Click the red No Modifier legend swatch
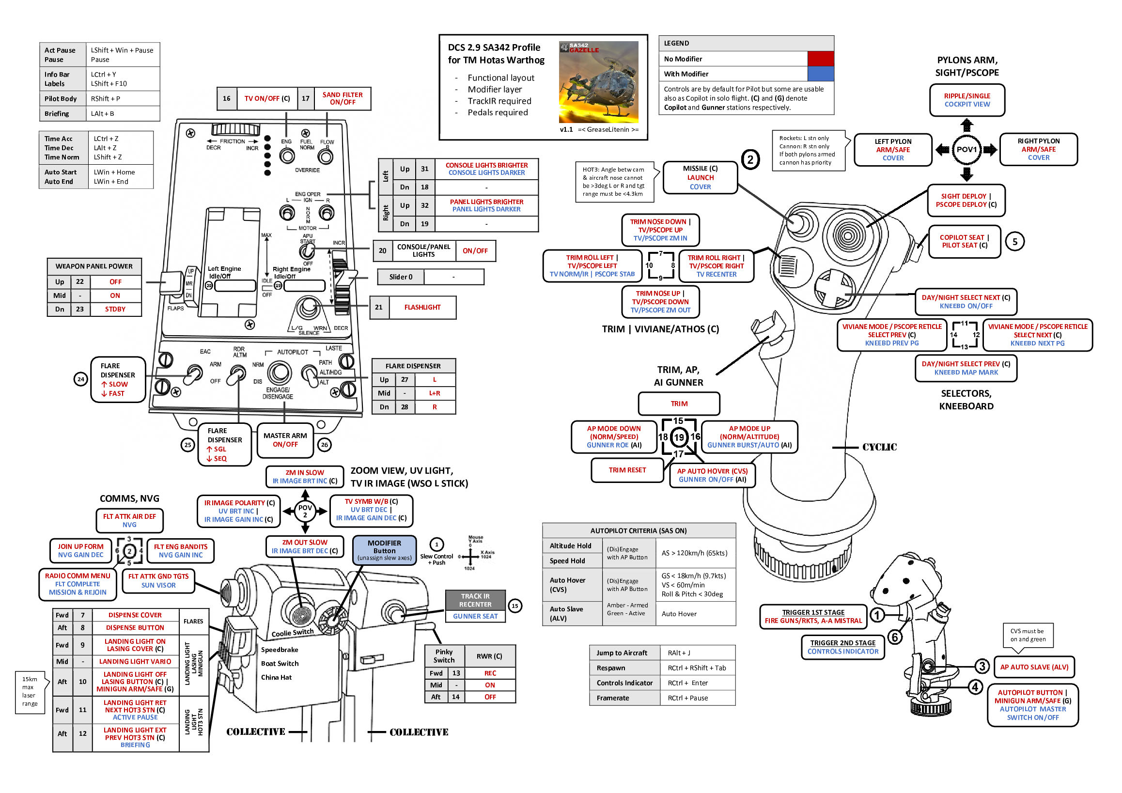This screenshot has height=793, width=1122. click(x=821, y=59)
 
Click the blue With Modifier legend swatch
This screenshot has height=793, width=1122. click(x=821, y=74)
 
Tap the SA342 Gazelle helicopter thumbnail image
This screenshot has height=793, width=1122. click(x=599, y=82)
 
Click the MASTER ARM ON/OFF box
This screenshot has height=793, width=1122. click(x=285, y=440)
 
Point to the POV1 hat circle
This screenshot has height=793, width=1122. click(x=966, y=150)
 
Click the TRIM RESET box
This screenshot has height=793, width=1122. click(x=627, y=470)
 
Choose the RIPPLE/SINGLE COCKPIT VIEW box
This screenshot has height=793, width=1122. click(x=966, y=100)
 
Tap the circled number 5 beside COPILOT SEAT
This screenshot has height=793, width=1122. click(x=1014, y=241)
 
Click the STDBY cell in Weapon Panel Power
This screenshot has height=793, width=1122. click(x=115, y=309)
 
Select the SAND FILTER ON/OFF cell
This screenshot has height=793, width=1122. click(x=342, y=98)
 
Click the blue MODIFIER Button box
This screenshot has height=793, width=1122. click(x=384, y=550)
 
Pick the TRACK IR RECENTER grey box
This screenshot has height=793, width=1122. click(x=475, y=600)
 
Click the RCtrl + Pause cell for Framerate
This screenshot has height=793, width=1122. click(x=697, y=698)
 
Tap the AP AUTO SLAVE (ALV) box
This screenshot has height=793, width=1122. click(x=1033, y=667)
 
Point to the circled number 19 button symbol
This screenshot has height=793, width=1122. click(x=679, y=437)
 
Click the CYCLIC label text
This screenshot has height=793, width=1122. click(x=879, y=447)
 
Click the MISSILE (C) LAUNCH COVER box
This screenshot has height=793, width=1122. click(x=700, y=177)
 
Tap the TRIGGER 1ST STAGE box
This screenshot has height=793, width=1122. click(x=812, y=616)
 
